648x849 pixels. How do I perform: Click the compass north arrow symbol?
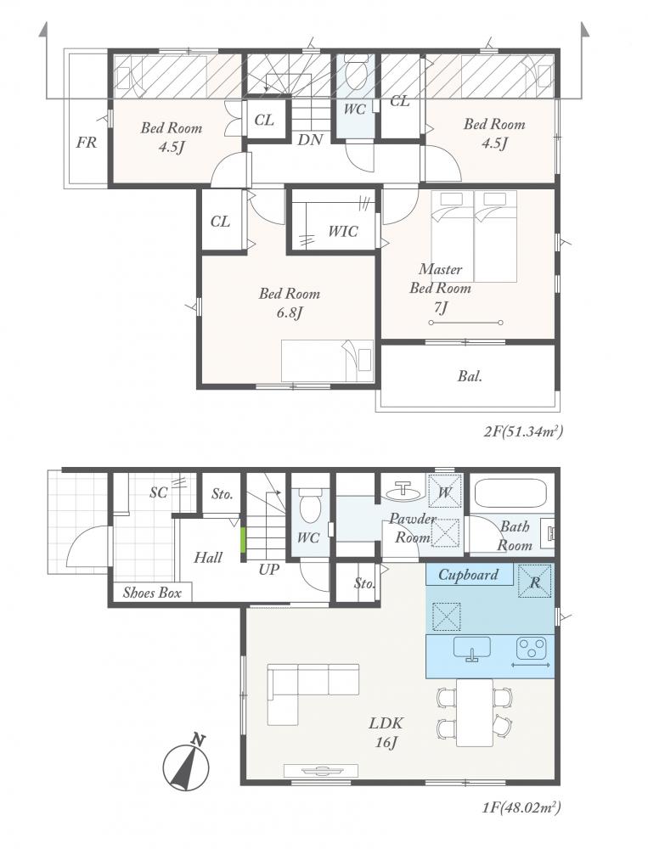click(187, 764)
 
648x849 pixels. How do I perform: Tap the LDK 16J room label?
click(386, 732)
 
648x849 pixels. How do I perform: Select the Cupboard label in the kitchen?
click(468, 575)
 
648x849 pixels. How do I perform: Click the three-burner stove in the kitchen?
click(531, 648)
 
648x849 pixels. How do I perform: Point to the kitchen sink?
click(471, 649)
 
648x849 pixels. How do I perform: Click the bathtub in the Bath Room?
click(510, 492)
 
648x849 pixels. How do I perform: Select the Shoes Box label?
click(152, 593)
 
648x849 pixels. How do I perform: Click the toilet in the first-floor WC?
click(311, 504)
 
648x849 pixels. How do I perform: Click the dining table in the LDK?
click(475, 712)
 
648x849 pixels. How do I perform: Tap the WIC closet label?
click(343, 232)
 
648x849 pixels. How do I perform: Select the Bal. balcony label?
click(470, 376)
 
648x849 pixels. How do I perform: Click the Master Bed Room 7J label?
click(440, 289)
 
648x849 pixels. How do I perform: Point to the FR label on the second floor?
click(87, 143)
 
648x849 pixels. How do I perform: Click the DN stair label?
click(311, 140)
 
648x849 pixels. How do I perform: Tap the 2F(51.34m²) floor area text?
click(523, 431)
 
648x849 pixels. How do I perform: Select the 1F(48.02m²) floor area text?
click(521, 808)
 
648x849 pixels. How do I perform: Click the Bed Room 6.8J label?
click(290, 303)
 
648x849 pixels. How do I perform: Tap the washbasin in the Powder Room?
click(404, 491)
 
